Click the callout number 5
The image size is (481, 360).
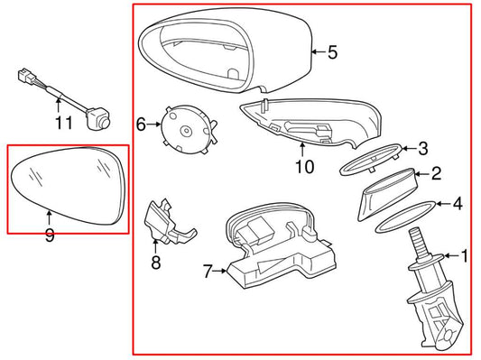coord(332,52)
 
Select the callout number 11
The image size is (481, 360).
coord(64,123)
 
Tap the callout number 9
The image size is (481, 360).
coord(50,235)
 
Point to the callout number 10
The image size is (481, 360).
coord(305,167)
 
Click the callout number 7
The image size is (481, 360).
coord(208,271)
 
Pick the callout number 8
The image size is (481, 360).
coord(156,263)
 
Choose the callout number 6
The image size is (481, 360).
coord(141,125)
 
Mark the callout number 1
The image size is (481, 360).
coord(465,256)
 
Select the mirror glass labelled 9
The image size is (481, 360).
coord(69,186)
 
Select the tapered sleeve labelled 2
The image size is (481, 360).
coord(387,193)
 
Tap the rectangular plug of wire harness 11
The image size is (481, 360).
coord(27,76)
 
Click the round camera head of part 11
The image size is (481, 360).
coord(98,119)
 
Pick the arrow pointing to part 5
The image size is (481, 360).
coord(319,52)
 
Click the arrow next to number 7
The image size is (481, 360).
coord(220,271)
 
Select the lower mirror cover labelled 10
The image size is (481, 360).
coord(310,124)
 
